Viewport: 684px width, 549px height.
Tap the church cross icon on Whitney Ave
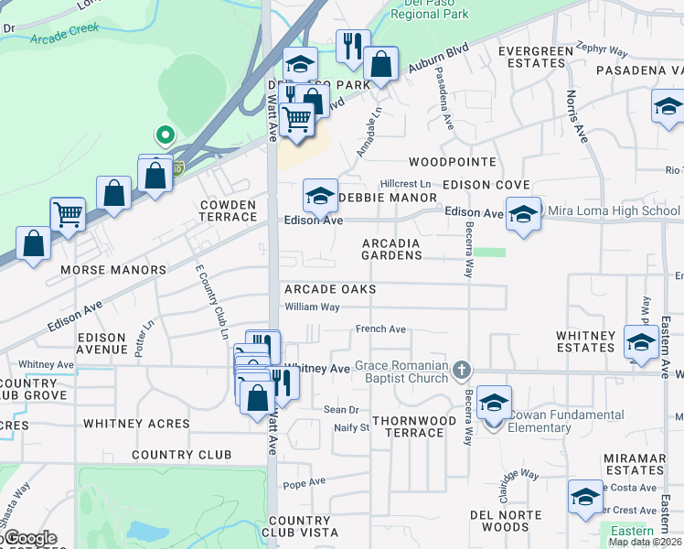[x=463, y=371]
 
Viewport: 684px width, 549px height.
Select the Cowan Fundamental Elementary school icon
[x=494, y=403]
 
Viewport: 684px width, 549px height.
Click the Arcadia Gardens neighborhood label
[x=403, y=249]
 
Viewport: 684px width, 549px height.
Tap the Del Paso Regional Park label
[x=429, y=8]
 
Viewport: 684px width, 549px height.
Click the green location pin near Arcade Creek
[x=165, y=135]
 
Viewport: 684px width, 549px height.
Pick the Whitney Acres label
[x=136, y=424]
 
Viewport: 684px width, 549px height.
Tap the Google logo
[x=29, y=538]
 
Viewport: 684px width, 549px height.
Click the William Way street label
[x=313, y=307]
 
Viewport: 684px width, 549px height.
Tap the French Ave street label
[x=380, y=329]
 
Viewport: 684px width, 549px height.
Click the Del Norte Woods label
[x=512, y=520]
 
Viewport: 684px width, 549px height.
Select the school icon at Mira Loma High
[x=522, y=215]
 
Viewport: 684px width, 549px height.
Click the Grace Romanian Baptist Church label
[x=403, y=372]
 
